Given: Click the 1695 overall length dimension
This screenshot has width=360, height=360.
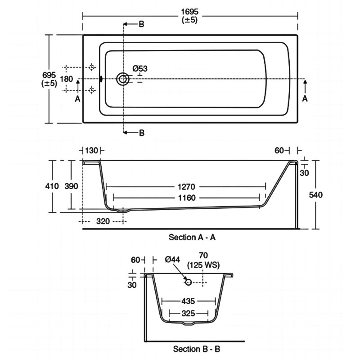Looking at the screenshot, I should pos(190,10).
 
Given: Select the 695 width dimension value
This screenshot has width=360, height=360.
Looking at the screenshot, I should pos(49,74).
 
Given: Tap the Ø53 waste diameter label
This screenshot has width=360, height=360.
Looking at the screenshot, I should pos(140,68).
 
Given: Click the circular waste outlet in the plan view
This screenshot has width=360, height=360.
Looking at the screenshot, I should pos(122,79).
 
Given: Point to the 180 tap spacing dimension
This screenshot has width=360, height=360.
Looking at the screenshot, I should pos(66,79).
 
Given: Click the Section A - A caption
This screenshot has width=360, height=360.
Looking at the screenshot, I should pos(192,237).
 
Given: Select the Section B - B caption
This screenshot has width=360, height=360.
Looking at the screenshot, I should pos(197,348).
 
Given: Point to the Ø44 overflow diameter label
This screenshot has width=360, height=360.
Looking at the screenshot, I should pos(173,260).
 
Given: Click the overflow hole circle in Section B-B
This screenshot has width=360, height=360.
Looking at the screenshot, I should pos(189,282).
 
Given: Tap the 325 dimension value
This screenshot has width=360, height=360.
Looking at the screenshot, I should pos(189,312).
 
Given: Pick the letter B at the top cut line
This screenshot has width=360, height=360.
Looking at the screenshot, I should pos(141,24).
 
